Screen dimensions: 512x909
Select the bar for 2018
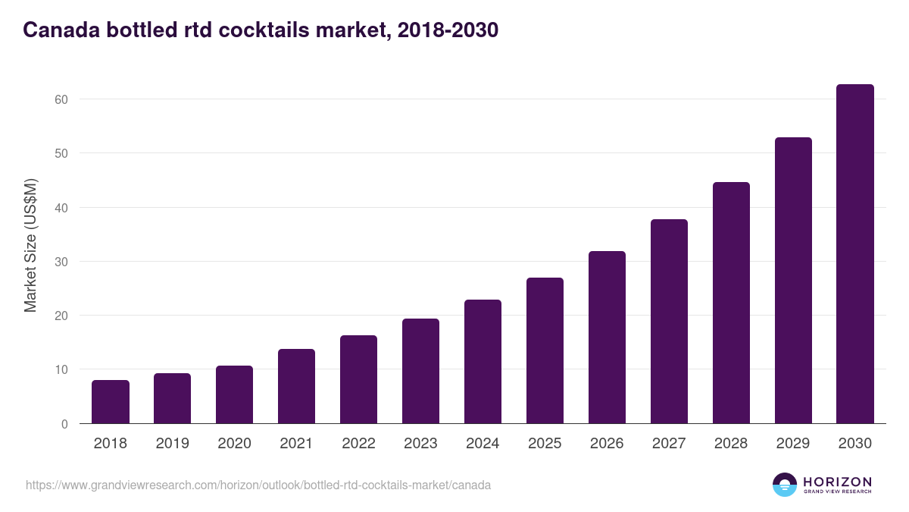point(111,402)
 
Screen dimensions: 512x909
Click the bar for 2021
point(296,386)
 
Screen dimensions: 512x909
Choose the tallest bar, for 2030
point(854,254)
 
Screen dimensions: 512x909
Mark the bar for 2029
point(793,281)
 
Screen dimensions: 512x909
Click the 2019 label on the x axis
point(173,444)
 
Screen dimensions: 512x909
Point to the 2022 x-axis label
point(358,444)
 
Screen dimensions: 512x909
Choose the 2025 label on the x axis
point(545,444)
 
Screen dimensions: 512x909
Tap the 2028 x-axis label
point(731,444)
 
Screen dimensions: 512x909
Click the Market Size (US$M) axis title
point(30,244)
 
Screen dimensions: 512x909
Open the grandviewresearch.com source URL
point(258,485)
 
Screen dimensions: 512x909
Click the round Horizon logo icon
point(785,485)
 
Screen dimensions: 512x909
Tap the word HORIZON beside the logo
point(837,481)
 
